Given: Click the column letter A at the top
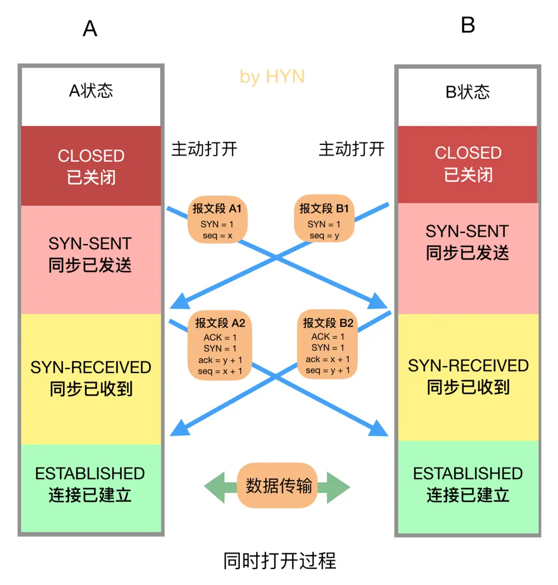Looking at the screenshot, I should point(90,28).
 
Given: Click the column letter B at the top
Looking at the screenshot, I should point(468,25).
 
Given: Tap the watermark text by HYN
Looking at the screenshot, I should point(272,77).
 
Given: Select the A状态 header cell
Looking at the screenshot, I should point(91,92).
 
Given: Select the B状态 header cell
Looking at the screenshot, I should point(468,93).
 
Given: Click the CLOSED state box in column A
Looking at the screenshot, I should point(91,166).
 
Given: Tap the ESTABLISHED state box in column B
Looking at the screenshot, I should point(468,484).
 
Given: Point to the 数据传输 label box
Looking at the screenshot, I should point(278,486).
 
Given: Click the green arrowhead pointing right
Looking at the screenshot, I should point(338,487).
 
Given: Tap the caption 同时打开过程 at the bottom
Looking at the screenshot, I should point(280,561).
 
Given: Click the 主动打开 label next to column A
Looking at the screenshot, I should point(204,149).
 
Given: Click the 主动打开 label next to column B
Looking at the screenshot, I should point(351,149).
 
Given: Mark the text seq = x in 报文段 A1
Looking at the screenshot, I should point(217,236).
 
